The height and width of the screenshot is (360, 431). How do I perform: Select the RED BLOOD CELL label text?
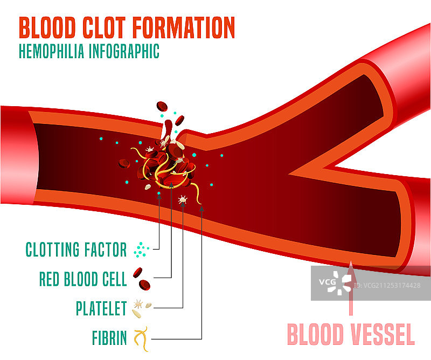(83, 279)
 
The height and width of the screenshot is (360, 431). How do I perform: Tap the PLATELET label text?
(101, 309)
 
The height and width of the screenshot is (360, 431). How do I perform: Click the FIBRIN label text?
(109, 338)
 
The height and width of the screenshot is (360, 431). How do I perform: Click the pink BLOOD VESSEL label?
(351, 334)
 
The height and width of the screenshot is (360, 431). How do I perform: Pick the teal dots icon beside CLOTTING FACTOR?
(141, 249)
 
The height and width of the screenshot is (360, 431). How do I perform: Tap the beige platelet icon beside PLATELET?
(141, 309)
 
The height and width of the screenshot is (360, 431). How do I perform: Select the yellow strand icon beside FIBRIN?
(141, 338)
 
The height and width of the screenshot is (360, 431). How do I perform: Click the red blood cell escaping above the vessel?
(162, 106)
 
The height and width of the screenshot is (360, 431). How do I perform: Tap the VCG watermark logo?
(335, 282)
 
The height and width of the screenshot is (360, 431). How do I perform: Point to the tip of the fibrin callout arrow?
(201, 208)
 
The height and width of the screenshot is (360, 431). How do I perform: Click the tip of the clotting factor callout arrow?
(159, 193)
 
